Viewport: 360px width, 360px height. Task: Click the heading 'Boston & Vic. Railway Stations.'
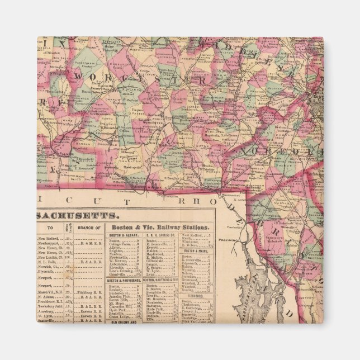pyautogui.click(x=159, y=228)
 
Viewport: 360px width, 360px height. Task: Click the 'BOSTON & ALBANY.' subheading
pyautogui.click(x=124, y=236)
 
